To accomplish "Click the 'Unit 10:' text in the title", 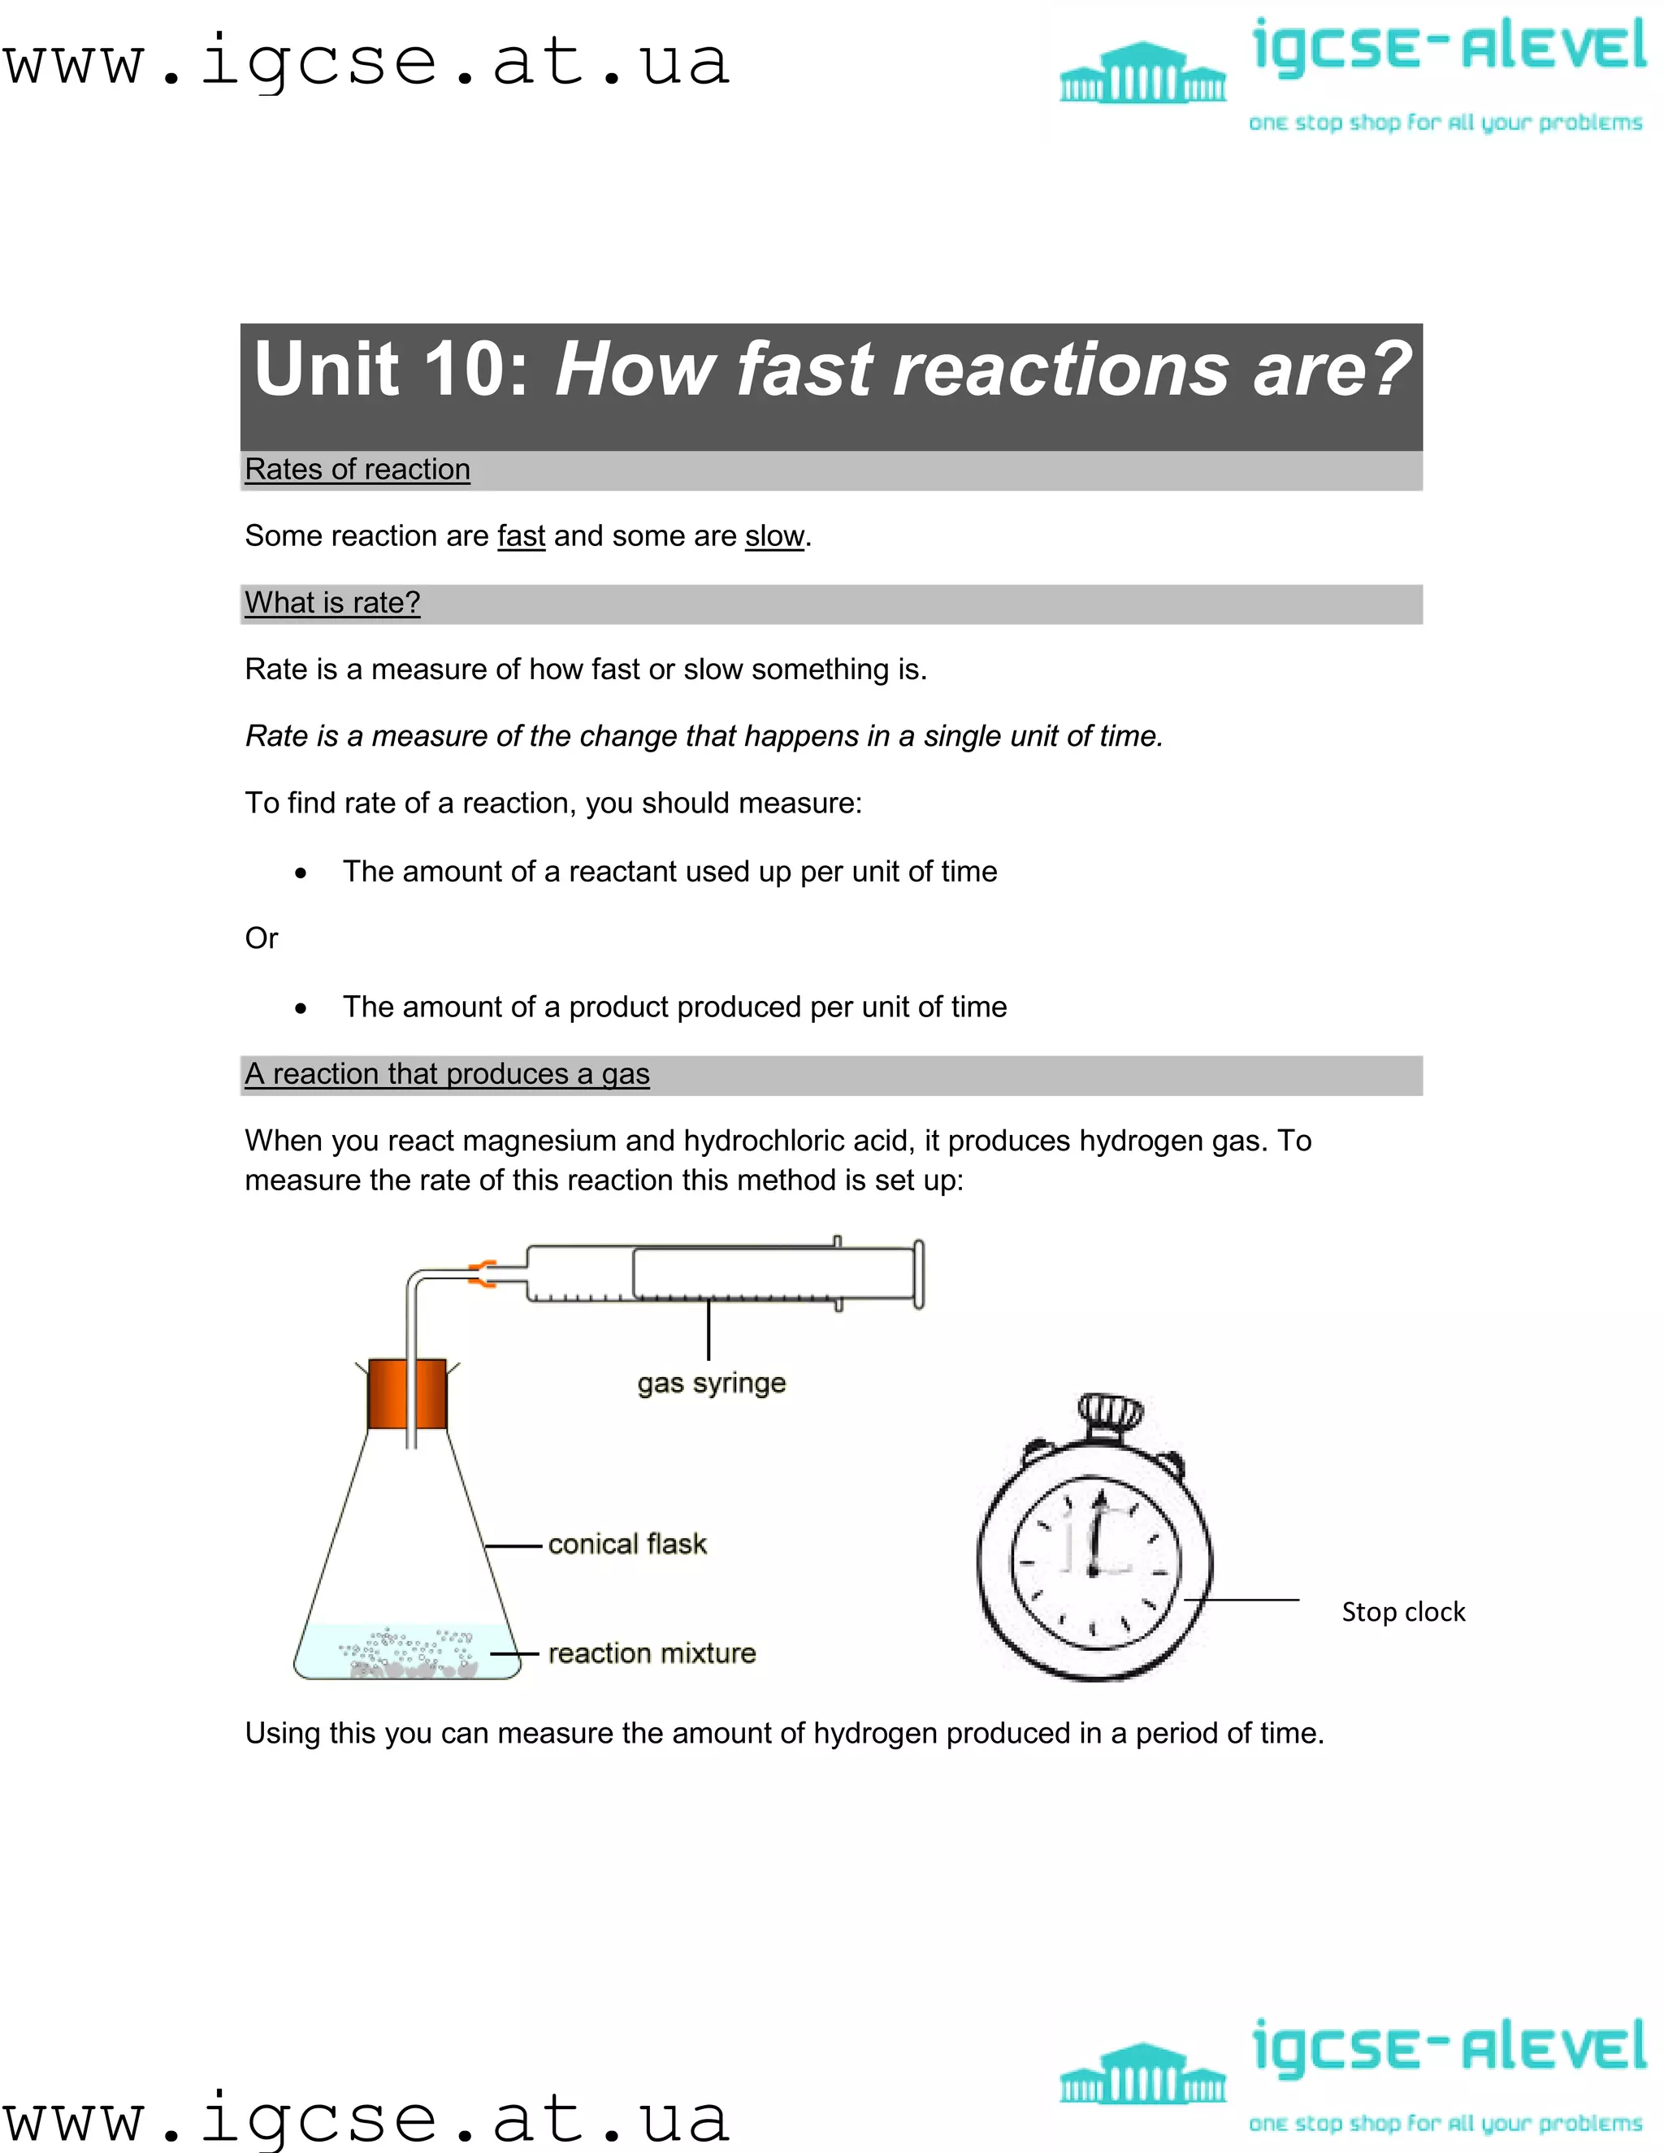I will click(x=392, y=369).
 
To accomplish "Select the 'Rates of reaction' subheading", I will click(x=357, y=470).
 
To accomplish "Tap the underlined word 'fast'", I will click(x=521, y=536).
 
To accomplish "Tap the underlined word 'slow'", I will click(x=773, y=536).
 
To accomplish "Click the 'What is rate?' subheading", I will click(x=332, y=602).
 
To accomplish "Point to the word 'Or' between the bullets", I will click(x=262, y=938).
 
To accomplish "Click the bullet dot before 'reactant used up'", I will click(x=301, y=873).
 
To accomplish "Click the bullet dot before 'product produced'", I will click(x=301, y=1008).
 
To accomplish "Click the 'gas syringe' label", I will click(x=711, y=1383).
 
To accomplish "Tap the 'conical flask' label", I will click(x=627, y=1544).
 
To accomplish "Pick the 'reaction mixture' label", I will click(x=652, y=1653).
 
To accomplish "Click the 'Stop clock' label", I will click(x=1402, y=1612).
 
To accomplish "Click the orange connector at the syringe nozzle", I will click(x=482, y=1274).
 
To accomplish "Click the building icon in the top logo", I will click(x=1142, y=73).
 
